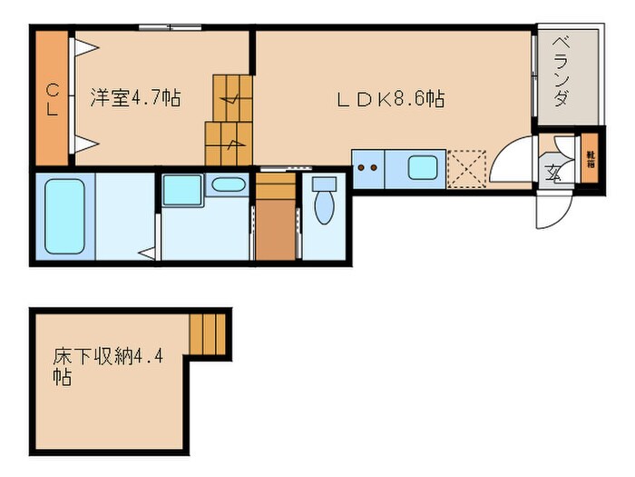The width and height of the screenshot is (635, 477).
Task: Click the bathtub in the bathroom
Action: [65, 216]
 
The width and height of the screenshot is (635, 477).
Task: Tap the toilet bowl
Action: [324, 207]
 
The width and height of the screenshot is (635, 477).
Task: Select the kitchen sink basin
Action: [423, 168]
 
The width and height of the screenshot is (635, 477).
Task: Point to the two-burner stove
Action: [367, 168]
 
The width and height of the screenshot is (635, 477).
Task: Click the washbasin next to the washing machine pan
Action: [226, 186]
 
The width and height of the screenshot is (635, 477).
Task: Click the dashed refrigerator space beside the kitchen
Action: [468, 167]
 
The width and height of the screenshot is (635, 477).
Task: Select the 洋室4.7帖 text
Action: [134, 98]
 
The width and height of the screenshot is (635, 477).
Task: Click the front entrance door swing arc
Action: [551, 213]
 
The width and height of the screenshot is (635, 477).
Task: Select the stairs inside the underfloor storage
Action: [207, 333]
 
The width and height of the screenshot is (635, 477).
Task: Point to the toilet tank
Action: [323, 183]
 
